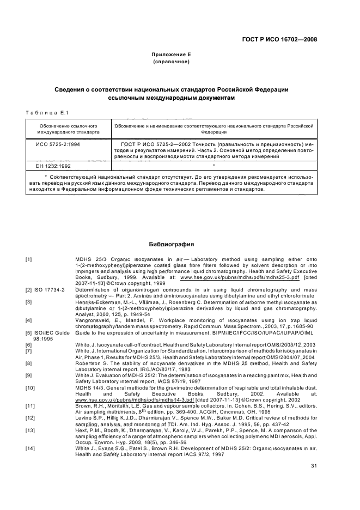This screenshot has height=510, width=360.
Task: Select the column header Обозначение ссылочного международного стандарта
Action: (x=68, y=128)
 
